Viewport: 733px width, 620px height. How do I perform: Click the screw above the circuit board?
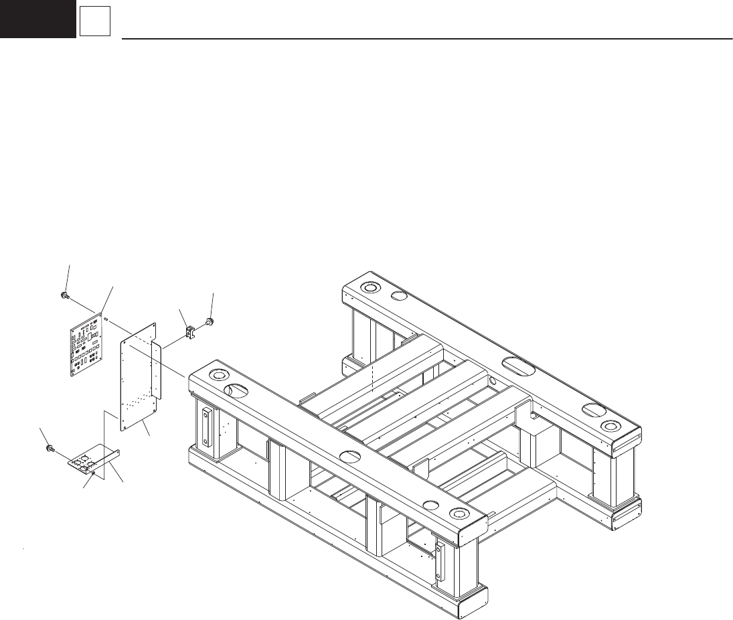tap(62, 295)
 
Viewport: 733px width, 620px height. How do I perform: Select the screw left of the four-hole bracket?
tap(50, 448)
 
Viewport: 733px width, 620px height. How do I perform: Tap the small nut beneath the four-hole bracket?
tap(93, 473)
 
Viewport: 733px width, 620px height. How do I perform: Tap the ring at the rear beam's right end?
tap(608, 427)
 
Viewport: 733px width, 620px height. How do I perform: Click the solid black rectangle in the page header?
tap(37, 19)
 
